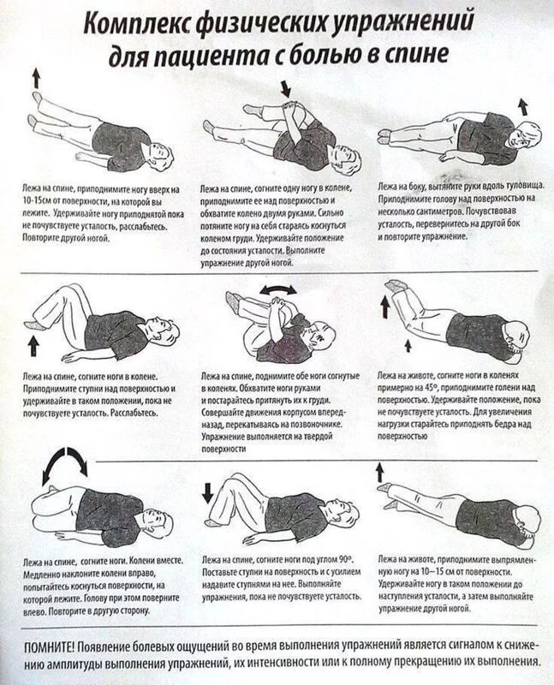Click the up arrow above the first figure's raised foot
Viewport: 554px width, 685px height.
(36, 78)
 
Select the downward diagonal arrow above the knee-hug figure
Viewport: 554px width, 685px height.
(285, 88)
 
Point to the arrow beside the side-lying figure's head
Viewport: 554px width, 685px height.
(522, 106)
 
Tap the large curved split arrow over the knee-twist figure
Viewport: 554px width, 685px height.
(65, 464)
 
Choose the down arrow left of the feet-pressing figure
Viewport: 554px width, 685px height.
(207, 492)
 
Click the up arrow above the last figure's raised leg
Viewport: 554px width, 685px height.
(379, 473)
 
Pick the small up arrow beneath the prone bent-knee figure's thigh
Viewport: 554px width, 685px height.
(408, 346)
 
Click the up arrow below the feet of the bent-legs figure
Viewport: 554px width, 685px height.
(33, 347)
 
